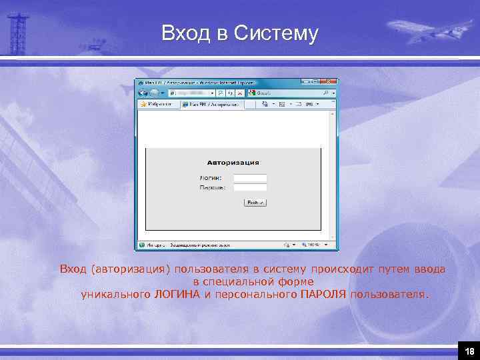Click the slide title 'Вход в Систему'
pos(240,33)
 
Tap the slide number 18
pos(469,351)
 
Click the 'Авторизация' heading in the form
pos(233,163)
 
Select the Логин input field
pos(250,178)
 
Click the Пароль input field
pos(250,188)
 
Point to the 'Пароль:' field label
pos(213,188)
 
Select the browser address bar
pos(193,93)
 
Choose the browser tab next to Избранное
pos(213,105)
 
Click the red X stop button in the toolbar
pos(242,93)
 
